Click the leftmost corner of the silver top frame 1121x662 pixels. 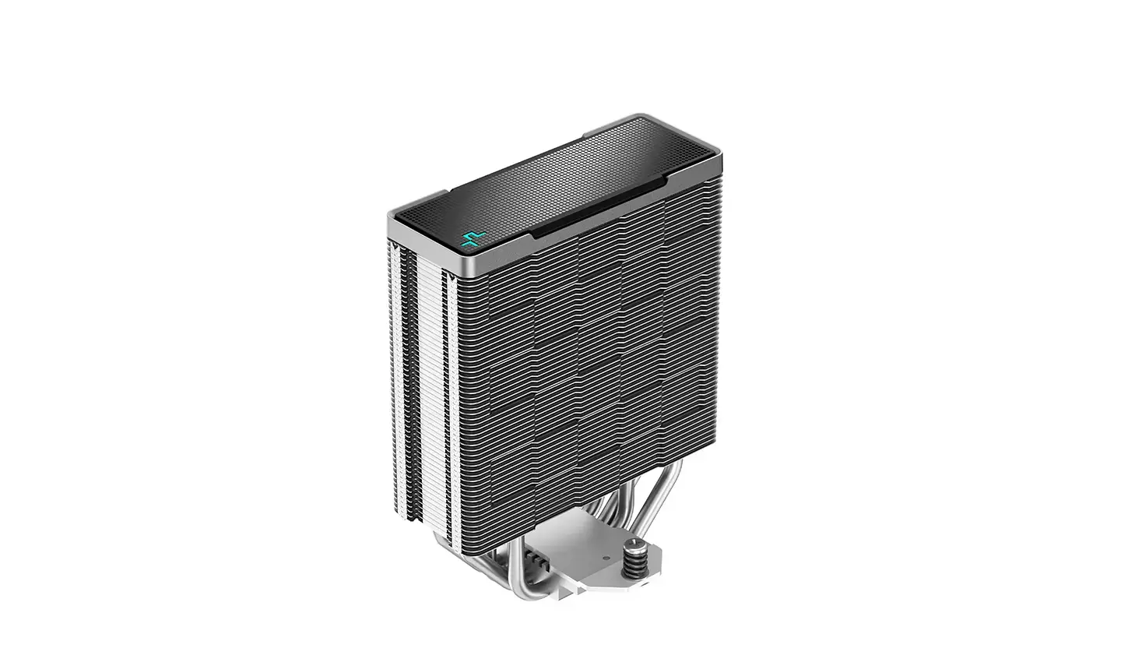point(389,219)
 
